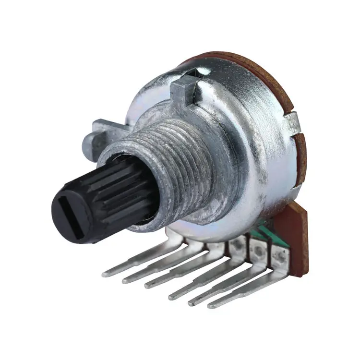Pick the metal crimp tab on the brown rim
click(293, 122)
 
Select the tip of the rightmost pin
click(211, 304)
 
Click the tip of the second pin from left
click(126, 279)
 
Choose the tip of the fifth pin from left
click(191, 301)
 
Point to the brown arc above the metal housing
click(250, 62)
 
